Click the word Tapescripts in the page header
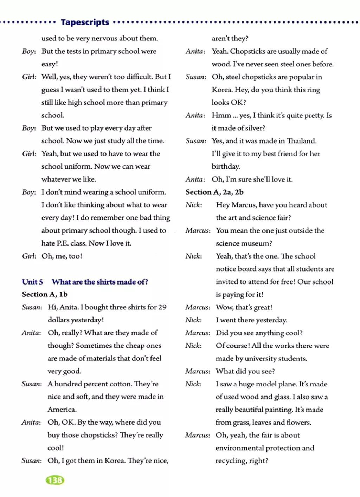(x=85, y=22)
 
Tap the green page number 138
(x=55, y=480)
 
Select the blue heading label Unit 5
(x=32, y=282)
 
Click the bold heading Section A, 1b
(x=45, y=294)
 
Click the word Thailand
(x=301, y=141)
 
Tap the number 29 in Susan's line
(x=162, y=307)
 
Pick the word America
(x=62, y=409)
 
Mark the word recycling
(x=231, y=461)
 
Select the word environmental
(x=239, y=448)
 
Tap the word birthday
(x=226, y=166)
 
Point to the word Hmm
(x=221, y=115)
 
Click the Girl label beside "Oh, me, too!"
(x=29, y=256)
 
